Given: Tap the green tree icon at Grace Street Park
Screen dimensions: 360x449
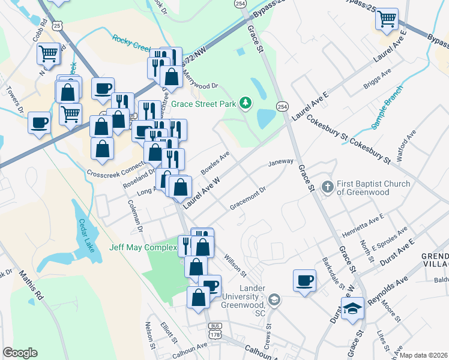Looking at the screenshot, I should coord(245,104).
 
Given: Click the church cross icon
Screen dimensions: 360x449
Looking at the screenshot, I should coord(328,187).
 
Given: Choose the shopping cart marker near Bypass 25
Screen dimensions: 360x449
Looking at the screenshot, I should coord(387,19).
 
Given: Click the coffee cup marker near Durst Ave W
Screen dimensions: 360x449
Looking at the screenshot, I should coord(304,280).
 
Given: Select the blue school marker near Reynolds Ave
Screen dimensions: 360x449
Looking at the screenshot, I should coord(352,309).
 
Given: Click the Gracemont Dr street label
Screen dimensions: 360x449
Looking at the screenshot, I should coord(247,198).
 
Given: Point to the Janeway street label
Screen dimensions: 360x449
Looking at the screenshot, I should coord(280,162).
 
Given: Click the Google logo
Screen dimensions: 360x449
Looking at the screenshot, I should coord(20,353).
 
